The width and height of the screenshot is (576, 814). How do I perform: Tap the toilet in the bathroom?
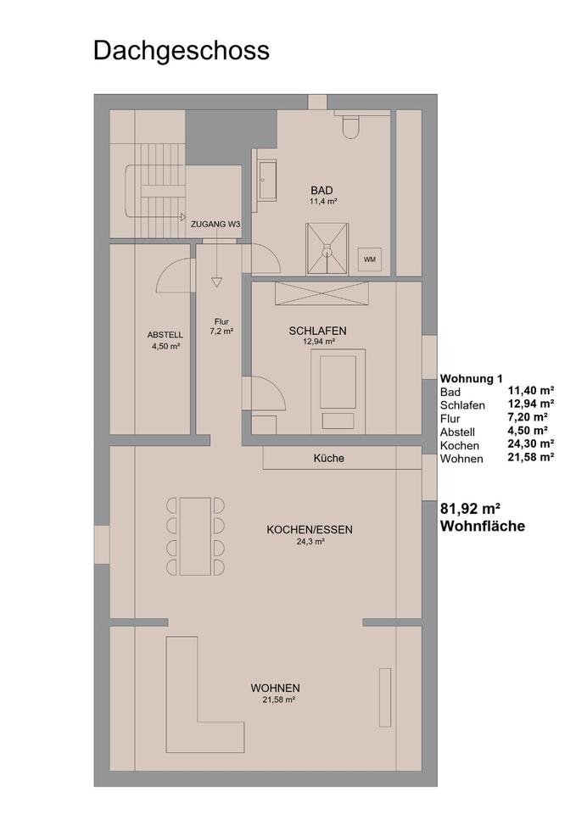tap(351, 126)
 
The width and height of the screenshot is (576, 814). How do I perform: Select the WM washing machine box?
tap(369, 259)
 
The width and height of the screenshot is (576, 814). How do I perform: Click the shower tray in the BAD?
tap(327, 248)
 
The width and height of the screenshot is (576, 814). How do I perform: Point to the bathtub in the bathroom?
tap(268, 180)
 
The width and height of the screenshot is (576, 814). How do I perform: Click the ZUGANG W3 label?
tap(215, 225)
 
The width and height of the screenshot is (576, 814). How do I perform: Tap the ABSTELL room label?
tap(165, 335)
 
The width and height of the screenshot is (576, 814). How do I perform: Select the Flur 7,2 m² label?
tap(221, 326)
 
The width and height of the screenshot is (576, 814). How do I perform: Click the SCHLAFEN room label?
tap(318, 331)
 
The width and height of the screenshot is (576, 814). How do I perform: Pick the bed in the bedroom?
tap(338, 392)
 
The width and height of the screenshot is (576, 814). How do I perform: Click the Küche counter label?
tap(329, 459)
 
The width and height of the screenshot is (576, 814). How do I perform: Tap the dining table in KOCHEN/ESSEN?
tap(195, 536)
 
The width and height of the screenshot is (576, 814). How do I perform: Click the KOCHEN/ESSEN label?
tap(310, 530)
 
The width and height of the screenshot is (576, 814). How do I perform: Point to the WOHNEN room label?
tap(275, 689)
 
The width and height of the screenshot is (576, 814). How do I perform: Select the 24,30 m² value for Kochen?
tap(531, 443)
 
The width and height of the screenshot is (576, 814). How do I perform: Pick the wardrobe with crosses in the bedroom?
tap(322, 294)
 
